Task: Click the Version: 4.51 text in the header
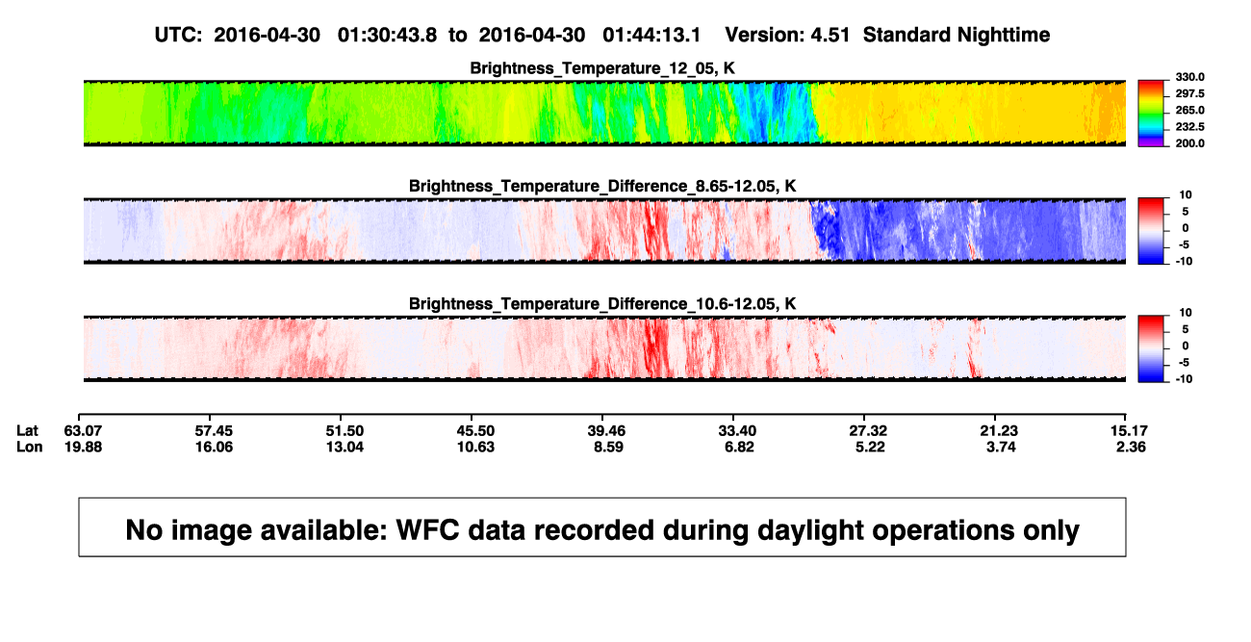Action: click(x=787, y=36)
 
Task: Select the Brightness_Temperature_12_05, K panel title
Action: click(x=602, y=68)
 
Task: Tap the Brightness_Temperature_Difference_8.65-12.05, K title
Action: click(x=602, y=186)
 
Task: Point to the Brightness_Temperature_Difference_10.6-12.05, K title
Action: click(x=602, y=304)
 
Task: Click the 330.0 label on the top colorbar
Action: click(x=1189, y=77)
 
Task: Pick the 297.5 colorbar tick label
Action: click(x=1189, y=93)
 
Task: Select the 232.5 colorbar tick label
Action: click(x=1189, y=127)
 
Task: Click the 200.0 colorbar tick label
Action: click(x=1189, y=143)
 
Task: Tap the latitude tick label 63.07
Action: click(x=83, y=431)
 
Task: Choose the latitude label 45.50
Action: click(x=475, y=431)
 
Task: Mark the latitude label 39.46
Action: click(x=606, y=431)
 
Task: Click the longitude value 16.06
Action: click(x=214, y=447)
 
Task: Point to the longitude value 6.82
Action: click(x=739, y=447)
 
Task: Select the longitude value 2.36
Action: click(x=1131, y=447)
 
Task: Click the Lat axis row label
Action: click(x=27, y=431)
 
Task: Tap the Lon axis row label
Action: click(x=30, y=447)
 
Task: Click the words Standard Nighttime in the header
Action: click(x=957, y=36)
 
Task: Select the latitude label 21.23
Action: click(x=999, y=431)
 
